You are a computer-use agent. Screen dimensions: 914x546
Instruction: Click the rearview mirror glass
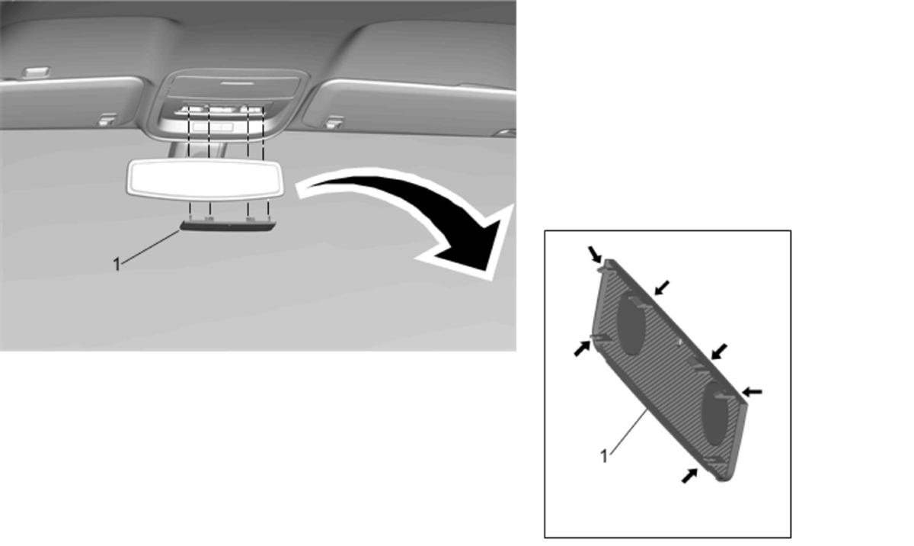pos(205,180)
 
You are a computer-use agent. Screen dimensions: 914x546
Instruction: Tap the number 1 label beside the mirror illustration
pos(117,265)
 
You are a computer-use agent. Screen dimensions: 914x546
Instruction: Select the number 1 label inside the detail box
pos(604,457)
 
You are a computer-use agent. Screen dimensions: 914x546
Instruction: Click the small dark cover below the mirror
pos(228,225)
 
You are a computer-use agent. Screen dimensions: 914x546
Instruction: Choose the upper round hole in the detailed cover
pos(631,324)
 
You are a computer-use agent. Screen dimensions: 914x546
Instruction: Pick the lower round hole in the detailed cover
pos(715,413)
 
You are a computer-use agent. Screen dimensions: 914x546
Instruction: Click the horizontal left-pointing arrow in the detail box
pos(752,392)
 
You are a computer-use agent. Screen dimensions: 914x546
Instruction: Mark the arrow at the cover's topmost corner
pos(595,254)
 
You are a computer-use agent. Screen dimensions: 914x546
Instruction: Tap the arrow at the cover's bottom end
pos(689,475)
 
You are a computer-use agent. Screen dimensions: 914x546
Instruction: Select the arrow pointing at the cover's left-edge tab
pos(582,348)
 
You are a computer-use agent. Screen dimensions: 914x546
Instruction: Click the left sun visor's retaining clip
pos(107,120)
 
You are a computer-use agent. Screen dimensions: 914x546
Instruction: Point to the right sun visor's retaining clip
pos(334,121)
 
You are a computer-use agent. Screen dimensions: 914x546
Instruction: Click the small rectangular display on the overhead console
pos(213,127)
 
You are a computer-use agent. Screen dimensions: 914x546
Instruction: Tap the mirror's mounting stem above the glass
pos(196,150)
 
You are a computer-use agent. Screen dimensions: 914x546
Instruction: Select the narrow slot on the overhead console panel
pos(238,83)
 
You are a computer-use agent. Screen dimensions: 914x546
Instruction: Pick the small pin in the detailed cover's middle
pos(679,342)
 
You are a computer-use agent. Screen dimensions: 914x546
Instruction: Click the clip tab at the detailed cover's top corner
pos(606,265)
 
